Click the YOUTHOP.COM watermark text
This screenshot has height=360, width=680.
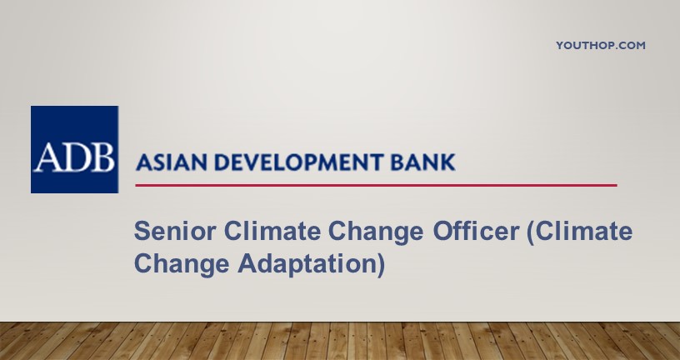click(x=600, y=46)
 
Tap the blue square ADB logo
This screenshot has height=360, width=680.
click(x=74, y=149)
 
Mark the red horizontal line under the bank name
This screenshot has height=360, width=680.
click(x=375, y=185)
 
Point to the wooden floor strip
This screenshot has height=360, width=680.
click(x=340, y=341)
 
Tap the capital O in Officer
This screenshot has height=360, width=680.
click(x=443, y=232)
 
